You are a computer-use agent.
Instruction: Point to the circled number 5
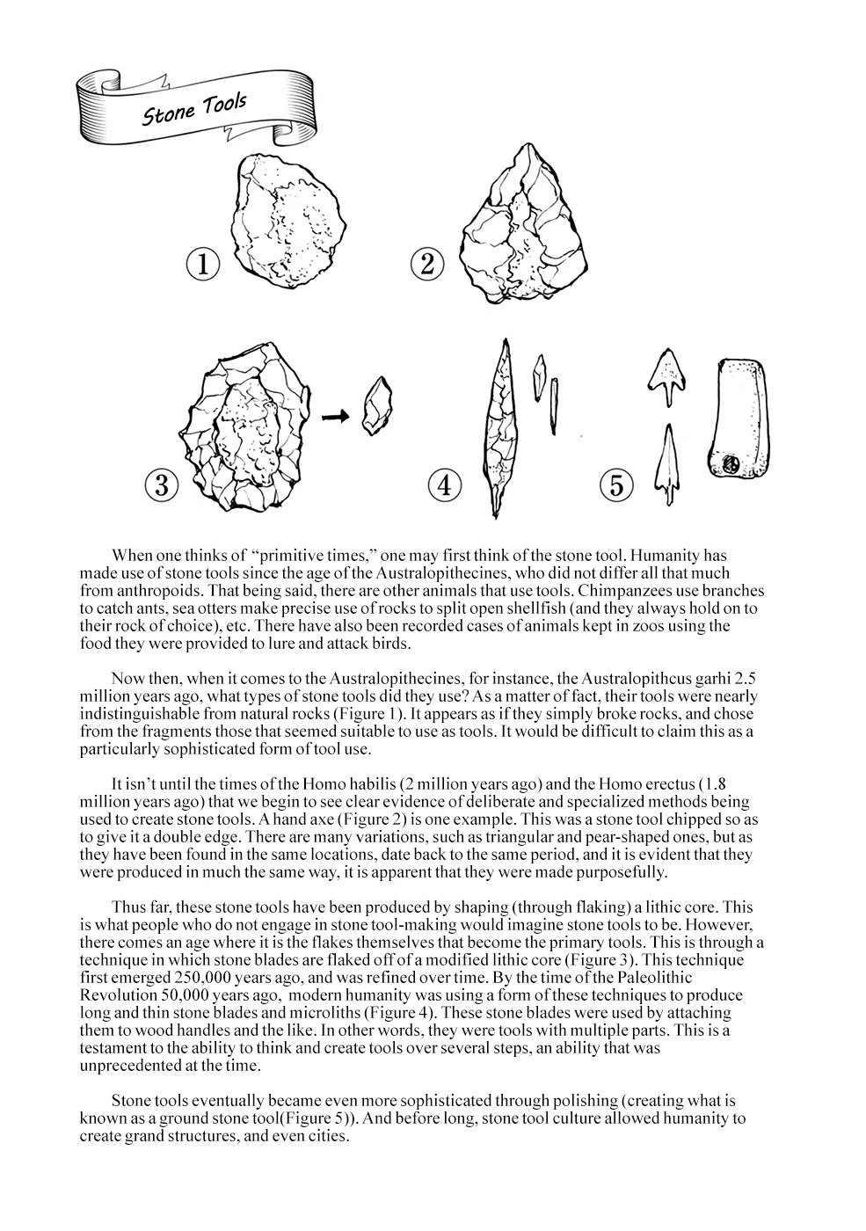tap(617, 484)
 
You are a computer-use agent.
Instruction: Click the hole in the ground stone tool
tap(729, 461)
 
